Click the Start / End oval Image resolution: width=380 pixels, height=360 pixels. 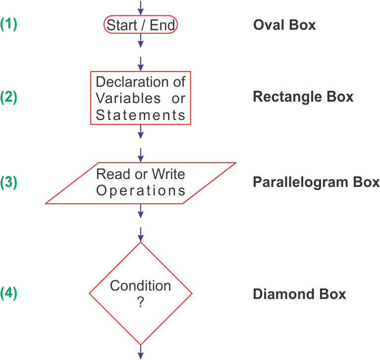[140, 25]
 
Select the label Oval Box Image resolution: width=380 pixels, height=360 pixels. [284, 25]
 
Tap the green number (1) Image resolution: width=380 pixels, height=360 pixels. [9, 24]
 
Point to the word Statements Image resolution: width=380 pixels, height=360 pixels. [141, 115]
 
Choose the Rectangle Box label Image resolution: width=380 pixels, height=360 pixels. [303, 96]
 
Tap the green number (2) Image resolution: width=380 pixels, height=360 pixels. [9, 97]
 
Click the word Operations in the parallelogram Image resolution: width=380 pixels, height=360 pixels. [141, 190]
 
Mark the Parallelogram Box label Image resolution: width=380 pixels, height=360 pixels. [316, 182]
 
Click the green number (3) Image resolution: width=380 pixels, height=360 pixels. [9, 182]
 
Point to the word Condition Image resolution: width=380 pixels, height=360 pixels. [140, 286]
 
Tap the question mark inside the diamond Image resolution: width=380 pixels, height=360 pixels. [140, 302]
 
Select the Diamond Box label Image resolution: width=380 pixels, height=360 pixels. [299, 294]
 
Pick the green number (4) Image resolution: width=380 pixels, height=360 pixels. [9, 294]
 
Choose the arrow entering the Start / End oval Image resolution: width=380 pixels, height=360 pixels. [141, 7]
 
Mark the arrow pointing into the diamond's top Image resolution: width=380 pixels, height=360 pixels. [141, 234]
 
